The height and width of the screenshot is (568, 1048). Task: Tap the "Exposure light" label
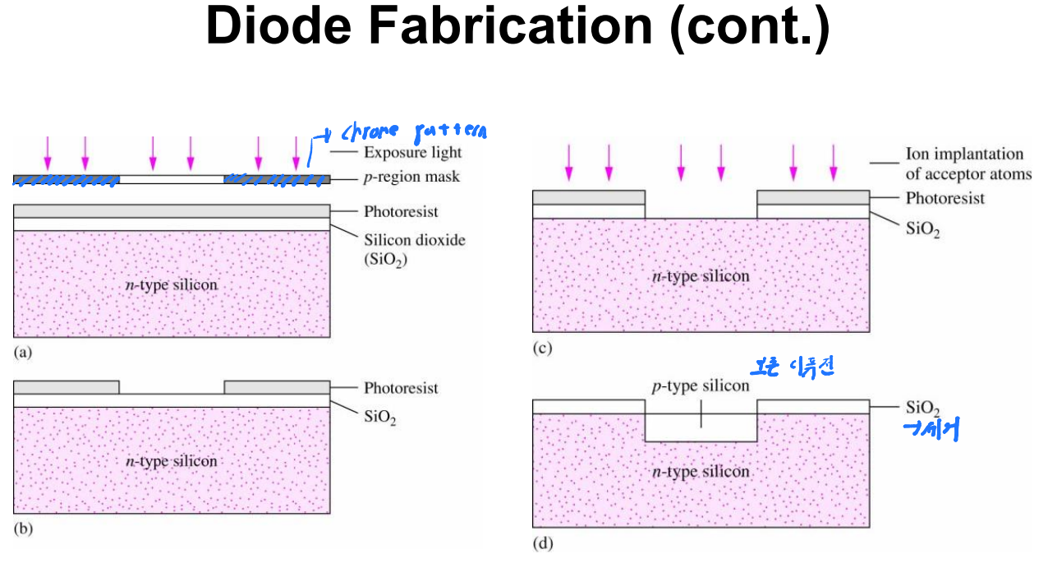coord(412,152)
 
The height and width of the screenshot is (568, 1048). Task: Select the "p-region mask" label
coord(410,178)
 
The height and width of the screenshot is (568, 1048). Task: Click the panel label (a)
coord(23,352)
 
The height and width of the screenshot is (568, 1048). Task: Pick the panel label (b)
coord(23,530)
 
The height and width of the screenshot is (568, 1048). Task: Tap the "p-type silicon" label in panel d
coord(701,386)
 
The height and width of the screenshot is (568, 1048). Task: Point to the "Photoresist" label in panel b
coord(401,388)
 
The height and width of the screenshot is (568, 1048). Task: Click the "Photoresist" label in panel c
coord(945,198)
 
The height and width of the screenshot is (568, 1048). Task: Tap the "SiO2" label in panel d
coord(922,408)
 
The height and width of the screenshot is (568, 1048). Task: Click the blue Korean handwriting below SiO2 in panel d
coord(931,430)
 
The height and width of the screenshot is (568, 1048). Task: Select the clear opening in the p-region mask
coord(172,178)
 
